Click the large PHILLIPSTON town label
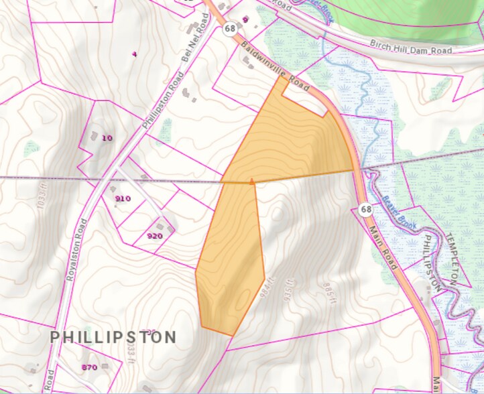(x=113, y=336)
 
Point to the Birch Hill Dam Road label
(x=412, y=47)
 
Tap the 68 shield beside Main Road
(x=365, y=209)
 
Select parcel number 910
(x=123, y=198)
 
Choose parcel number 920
(x=155, y=236)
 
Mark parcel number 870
(x=89, y=367)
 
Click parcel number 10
(x=107, y=137)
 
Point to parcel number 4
(x=135, y=54)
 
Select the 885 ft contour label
(x=327, y=293)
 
